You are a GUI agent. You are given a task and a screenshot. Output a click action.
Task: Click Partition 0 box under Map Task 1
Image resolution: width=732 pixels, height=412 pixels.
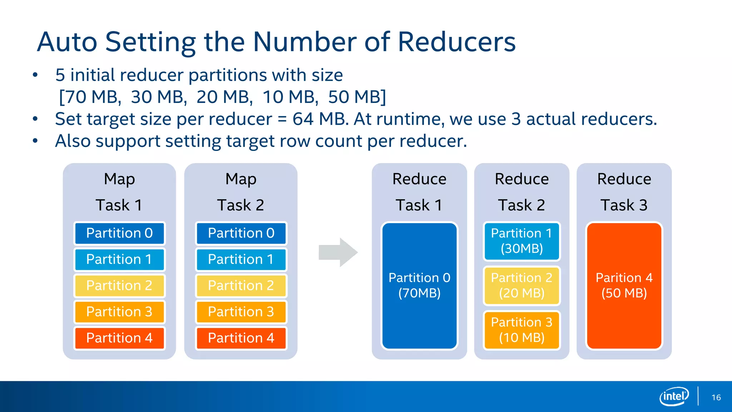(119, 233)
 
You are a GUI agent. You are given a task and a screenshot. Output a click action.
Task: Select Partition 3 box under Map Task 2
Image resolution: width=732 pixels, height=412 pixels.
(241, 312)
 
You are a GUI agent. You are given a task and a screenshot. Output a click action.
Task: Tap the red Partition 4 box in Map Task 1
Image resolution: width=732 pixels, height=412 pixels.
(119, 338)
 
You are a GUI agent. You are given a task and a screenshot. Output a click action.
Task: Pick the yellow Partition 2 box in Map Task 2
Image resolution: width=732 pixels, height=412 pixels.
(241, 286)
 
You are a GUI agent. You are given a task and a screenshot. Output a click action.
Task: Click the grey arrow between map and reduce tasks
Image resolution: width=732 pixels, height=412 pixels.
(337, 252)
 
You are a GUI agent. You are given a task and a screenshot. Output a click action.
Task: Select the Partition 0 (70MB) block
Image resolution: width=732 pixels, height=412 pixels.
(419, 285)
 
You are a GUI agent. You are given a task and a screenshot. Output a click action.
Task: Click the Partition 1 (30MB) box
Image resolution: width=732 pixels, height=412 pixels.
(521, 241)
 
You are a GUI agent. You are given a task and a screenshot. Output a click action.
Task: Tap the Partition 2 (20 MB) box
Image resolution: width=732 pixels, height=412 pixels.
(521, 285)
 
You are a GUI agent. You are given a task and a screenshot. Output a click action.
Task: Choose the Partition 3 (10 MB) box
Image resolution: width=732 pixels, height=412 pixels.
(521, 330)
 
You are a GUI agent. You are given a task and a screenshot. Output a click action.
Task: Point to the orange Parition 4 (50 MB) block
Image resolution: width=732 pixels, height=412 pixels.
(624, 285)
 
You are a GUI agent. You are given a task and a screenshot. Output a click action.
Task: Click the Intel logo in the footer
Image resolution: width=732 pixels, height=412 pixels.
(674, 396)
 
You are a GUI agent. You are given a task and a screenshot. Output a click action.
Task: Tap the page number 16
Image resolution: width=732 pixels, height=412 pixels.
(716, 397)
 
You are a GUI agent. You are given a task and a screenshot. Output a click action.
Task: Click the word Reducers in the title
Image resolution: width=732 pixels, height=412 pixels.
(456, 42)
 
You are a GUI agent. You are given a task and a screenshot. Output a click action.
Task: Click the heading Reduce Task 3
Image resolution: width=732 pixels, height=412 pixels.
(624, 192)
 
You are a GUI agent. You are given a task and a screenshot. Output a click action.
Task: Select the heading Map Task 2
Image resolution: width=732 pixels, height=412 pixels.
(241, 192)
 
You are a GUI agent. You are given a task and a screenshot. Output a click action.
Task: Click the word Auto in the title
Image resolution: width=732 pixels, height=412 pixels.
(67, 42)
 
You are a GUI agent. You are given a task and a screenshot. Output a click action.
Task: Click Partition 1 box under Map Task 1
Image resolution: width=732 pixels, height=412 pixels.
(119, 259)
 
